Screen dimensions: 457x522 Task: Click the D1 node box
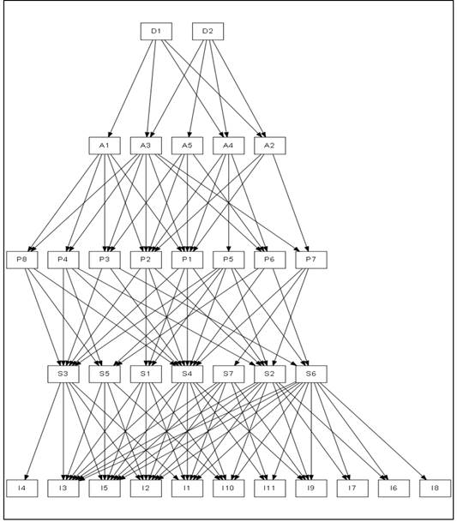(156, 32)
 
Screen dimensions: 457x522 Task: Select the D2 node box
(207, 32)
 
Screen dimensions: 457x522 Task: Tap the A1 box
(105, 146)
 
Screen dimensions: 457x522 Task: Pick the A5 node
(187, 146)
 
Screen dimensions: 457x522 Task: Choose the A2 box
(270, 146)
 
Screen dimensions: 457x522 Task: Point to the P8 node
(22, 260)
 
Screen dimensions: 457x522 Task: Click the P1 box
(187, 260)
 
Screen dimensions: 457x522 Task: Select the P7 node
(311, 260)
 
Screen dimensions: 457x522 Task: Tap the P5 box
(228, 260)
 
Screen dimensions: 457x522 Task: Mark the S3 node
(63, 375)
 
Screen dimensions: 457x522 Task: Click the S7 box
(228, 375)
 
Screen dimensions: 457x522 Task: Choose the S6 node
(311, 375)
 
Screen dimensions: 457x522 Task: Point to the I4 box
(22, 489)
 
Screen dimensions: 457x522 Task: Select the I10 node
(228, 489)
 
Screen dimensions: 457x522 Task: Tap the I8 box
(435, 489)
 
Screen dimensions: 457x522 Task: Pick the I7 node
(352, 489)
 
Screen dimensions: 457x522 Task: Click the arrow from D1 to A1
(131, 88)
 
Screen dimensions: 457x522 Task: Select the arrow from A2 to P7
(291, 203)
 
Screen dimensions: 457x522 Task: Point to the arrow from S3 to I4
(44, 431)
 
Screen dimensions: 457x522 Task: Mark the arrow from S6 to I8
(373, 431)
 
